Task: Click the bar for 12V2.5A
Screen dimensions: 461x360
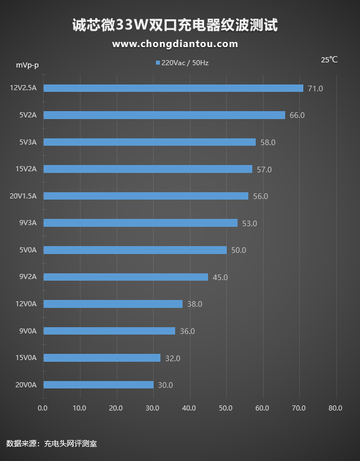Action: pyautogui.click(x=173, y=88)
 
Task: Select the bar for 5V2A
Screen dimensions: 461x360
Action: pyautogui.click(x=164, y=115)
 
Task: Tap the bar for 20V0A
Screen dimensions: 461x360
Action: pyautogui.click(x=98, y=384)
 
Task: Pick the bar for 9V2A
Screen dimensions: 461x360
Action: pyautogui.click(x=125, y=277)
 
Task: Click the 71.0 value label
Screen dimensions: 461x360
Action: pyautogui.click(x=315, y=88)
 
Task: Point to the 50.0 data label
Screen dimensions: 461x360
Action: pyautogui.click(x=239, y=250)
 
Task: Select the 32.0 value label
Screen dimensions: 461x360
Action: pyautogui.click(x=172, y=358)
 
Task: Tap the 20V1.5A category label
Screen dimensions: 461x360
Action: pyautogui.click(x=23, y=196)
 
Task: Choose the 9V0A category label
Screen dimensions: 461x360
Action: pyautogui.click(x=27, y=331)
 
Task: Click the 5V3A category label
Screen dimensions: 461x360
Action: pyautogui.click(x=27, y=142)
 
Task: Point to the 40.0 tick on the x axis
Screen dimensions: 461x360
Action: pyautogui.click(x=189, y=408)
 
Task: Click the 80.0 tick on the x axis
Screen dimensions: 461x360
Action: pyautogui.click(x=335, y=408)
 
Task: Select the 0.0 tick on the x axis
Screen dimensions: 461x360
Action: pyautogui.click(x=43, y=408)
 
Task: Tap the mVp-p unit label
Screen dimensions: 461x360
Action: pyautogui.click(x=27, y=65)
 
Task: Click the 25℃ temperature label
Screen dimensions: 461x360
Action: pyautogui.click(x=329, y=60)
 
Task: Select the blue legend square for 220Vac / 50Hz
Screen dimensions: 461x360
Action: pyautogui.click(x=158, y=63)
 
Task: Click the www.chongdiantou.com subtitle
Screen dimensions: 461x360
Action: pyautogui.click(x=175, y=44)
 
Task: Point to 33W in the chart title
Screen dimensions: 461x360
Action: pyautogui.click(x=132, y=25)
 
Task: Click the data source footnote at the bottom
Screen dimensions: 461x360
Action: pyautogui.click(x=52, y=443)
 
